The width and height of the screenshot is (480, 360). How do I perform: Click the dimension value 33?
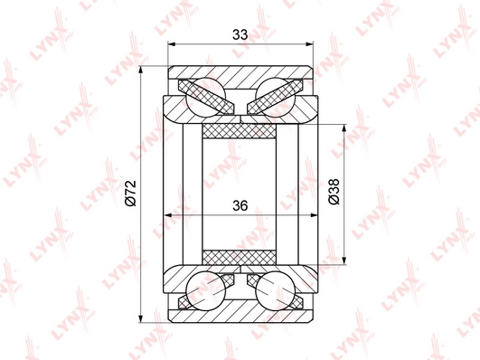pyautogui.click(x=240, y=34)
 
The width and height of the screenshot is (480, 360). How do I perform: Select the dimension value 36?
pyautogui.click(x=240, y=205)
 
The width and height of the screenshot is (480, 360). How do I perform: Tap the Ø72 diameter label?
pyautogui.click(x=131, y=193)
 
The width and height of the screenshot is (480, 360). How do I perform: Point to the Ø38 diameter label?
pyautogui.click(x=334, y=191)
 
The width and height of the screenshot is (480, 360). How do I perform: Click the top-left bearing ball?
pyautogui.click(x=206, y=97)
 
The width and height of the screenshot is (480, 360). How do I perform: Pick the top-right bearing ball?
pyautogui.click(x=275, y=97)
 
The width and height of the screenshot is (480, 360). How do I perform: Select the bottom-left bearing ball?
pyautogui.click(x=206, y=291)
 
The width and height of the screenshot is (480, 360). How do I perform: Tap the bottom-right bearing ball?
pyautogui.click(x=275, y=291)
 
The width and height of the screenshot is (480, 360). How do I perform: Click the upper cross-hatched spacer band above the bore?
pyautogui.click(x=239, y=131)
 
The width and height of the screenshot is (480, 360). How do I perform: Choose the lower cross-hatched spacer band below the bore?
pyautogui.click(x=239, y=258)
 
